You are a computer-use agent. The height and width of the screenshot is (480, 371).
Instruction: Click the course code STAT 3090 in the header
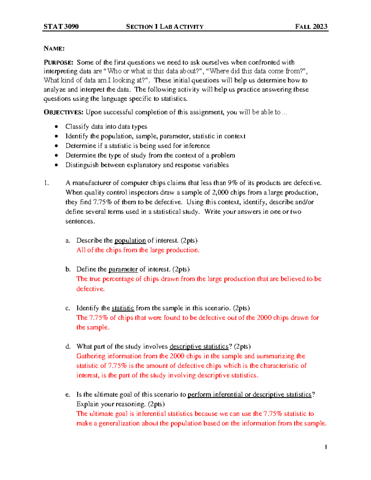coord(61,27)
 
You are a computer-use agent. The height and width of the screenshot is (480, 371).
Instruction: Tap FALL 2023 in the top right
coord(311,27)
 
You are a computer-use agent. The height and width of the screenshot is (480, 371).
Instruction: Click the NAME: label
coord(54,49)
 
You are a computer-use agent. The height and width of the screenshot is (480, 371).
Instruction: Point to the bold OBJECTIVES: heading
coord(63,112)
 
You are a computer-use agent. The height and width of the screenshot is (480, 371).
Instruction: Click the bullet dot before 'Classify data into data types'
coord(56,127)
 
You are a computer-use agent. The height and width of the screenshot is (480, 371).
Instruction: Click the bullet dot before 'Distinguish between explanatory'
coord(56,165)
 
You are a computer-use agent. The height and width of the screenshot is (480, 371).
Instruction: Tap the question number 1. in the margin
coord(46,183)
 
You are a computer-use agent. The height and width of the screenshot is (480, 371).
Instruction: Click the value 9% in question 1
coord(232,183)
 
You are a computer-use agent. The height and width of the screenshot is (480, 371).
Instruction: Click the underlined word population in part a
coord(130,240)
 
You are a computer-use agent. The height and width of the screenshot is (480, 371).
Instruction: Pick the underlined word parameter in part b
coord(123,269)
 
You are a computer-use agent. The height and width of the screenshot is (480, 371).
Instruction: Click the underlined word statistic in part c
coord(123,308)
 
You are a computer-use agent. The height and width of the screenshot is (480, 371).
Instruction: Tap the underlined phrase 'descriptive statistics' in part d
coord(199,346)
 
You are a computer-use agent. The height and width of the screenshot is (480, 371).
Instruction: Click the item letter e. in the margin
coord(68,395)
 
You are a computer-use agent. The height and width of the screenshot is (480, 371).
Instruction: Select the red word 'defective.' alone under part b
coord(91,289)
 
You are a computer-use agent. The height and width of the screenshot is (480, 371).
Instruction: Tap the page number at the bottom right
coord(326,447)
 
